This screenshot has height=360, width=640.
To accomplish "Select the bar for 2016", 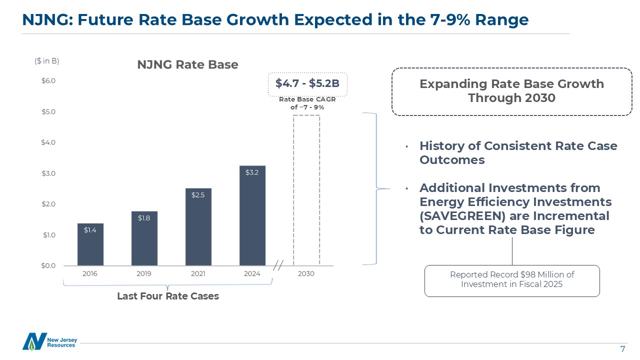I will [x=90, y=244].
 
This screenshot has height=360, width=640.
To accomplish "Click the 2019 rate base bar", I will [x=144, y=238].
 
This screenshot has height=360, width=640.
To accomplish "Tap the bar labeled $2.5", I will [x=198, y=227].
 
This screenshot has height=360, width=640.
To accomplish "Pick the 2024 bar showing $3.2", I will [x=252, y=215].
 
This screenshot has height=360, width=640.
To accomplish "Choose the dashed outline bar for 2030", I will [x=306, y=190].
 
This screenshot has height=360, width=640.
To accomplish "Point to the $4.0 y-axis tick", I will [x=48, y=142].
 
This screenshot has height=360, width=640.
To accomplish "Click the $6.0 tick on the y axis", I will [x=48, y=81].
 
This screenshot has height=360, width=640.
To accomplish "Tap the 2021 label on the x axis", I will [x=198, y=274].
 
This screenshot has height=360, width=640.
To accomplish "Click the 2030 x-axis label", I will [x=306, y=274].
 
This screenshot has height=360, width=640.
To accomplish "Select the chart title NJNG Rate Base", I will [x=188, y=65].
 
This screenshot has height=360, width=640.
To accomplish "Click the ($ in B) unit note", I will [x=47, y=61].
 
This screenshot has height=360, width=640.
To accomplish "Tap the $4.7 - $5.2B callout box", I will [x=307, y=83].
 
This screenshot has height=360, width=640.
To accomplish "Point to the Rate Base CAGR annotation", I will [x=307, y=103].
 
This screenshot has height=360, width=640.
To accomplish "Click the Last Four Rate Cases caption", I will [x=168, y=296].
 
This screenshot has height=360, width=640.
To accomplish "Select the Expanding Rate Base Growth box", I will [x=511, y=91].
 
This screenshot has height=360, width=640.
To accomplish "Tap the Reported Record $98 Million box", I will [x=512, y=280].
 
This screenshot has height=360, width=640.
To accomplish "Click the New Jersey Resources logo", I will [x=49, y=341].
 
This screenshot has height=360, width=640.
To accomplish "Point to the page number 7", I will [x=622, y=349].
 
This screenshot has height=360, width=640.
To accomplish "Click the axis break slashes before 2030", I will [x=278, y=266].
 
